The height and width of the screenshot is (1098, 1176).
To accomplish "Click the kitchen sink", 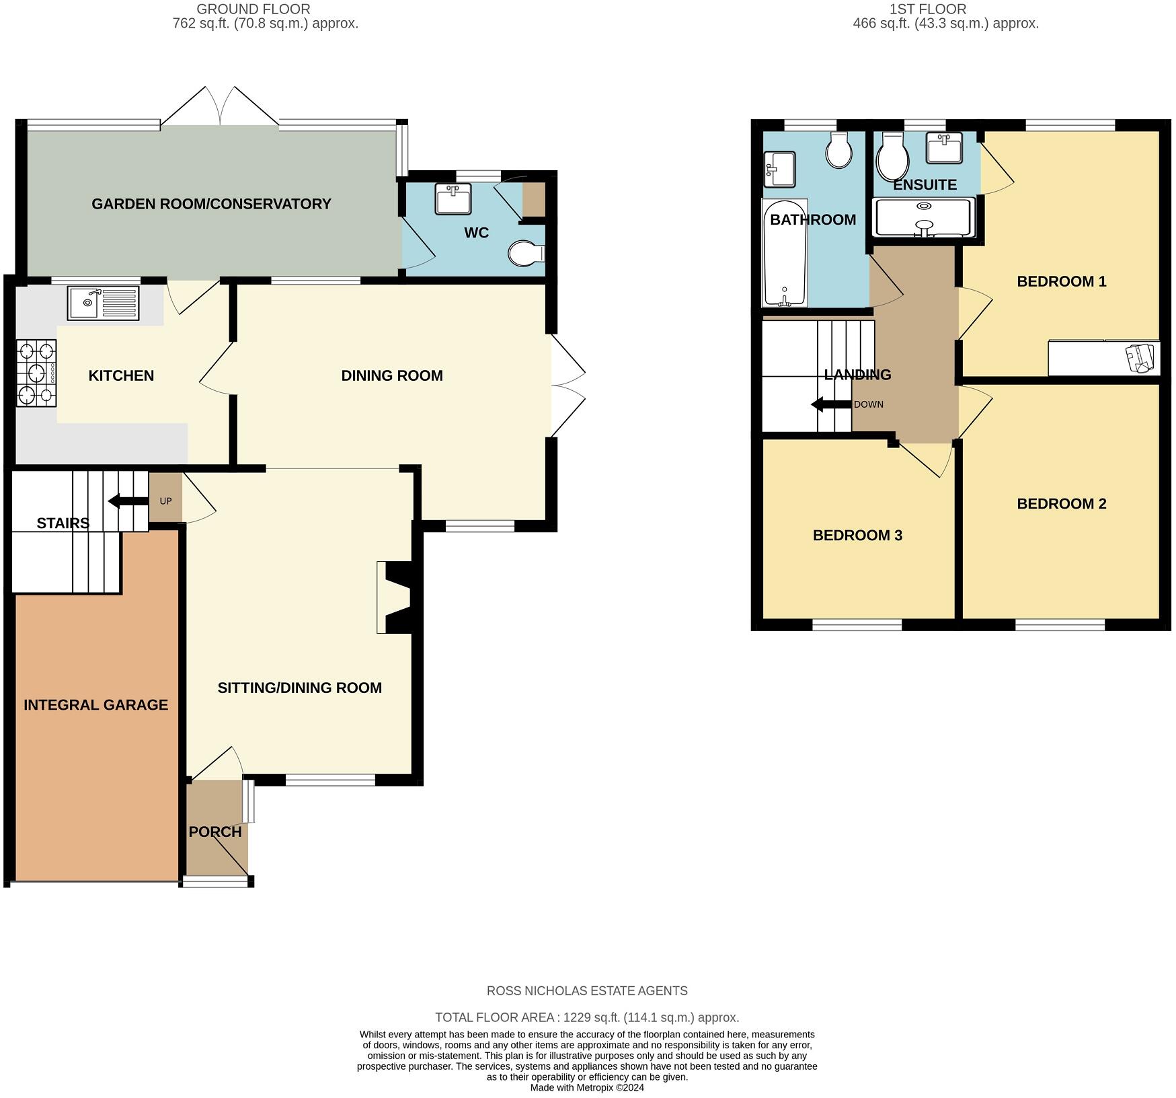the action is pyautogui.click(x=103, y=303).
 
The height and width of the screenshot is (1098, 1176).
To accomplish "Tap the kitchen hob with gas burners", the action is pyautogui.click(x=36, y=373).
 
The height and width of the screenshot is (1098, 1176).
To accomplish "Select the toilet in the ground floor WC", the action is pyautogui.click(x=526, y=254).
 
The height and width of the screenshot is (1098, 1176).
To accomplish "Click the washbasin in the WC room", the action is pyautogui.click(x=453, y=198).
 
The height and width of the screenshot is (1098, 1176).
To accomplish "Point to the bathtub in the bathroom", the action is pyautogui.click(x=784, y=252).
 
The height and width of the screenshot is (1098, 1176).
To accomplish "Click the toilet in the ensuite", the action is pyautogui.click(x=894, y=156).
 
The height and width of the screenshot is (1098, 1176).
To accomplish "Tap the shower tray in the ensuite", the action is pyautogui.click(x=923, y=217).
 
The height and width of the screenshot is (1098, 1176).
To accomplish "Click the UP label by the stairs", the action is pyautogui.click(x=165, y=501).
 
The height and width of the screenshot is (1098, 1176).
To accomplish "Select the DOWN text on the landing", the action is pyautogui.click(x=869, y=405).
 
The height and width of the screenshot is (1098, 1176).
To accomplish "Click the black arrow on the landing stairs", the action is pyautogui.click(x=831, y=405).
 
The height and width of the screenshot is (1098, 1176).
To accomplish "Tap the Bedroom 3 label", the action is pyautogui.click(x=857, y=536).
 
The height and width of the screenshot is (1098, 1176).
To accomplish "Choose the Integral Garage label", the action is pyautogui.click(x=95, y=705).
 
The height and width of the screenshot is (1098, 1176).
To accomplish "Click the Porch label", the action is pyautogui.click(x=215, y=832).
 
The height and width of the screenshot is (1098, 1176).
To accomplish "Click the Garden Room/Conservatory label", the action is pyautogui.click(x=211, y=204).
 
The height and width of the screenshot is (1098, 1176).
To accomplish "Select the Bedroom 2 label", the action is pyautogui.click(x=1062, y=504).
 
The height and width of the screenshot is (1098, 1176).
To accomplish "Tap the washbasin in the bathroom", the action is pyautogui.click(x=779, y=169).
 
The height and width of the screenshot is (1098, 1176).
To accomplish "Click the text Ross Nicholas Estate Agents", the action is pyautogui.click(x=587, y=991).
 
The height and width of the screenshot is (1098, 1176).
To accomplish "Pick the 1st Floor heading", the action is pyautogui.click(x=928, y=9).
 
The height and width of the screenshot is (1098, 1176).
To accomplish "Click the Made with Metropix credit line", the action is pyautogui.click(x=587, y=1087).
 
